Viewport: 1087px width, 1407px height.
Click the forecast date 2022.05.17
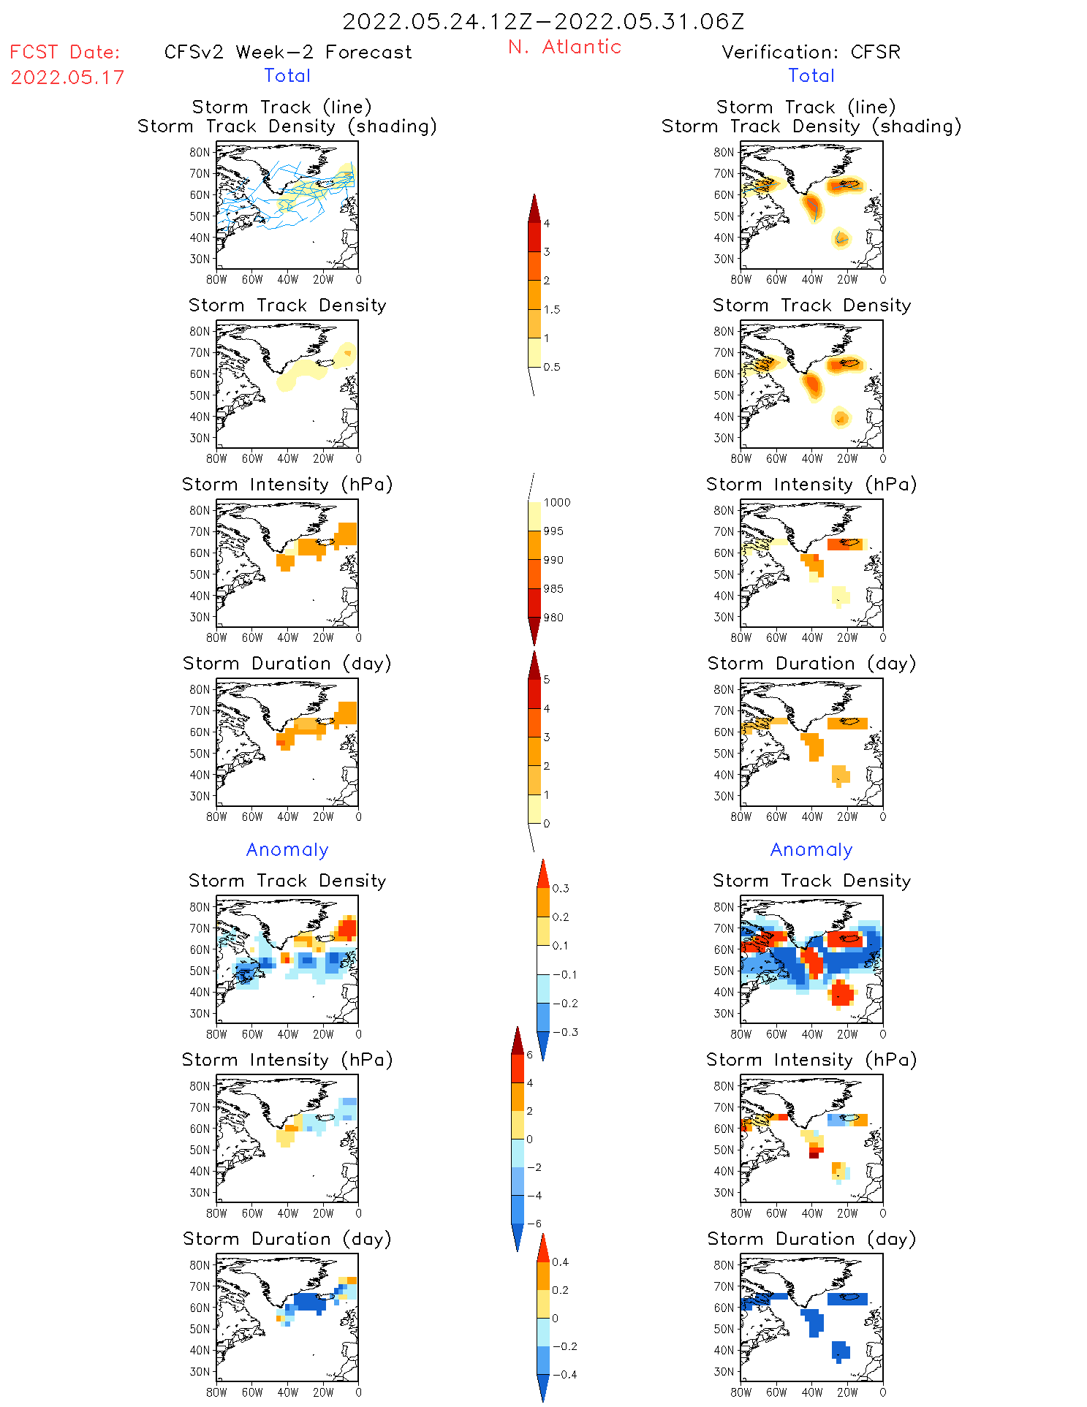[67, 77]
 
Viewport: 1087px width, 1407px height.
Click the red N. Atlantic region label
[564, 47]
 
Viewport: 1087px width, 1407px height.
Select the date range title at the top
[543, 21]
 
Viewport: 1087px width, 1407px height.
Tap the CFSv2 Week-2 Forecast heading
[288, 52]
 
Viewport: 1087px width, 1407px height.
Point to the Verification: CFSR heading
[811, 52]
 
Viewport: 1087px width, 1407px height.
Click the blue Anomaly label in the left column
[287, 849]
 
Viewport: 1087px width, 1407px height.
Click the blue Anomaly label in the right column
[811, 849]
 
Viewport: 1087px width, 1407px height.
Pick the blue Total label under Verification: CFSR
[811, 75]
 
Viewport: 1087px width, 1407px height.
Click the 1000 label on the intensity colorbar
[557, 502]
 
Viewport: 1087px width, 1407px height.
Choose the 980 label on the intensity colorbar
[553, 618]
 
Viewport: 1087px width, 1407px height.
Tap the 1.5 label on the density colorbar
[552, 309]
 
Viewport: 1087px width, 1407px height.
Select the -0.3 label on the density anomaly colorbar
[565, 1032]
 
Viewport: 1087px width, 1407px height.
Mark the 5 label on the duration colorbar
[547, 679]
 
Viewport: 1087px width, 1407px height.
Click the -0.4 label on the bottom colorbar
[564, 1374]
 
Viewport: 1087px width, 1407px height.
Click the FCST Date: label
[65, 52]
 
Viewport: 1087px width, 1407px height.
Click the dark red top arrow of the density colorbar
[534, 208]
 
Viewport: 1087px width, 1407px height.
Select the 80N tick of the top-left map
[200, 152]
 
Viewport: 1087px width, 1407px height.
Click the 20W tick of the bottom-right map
[847, 1392]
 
